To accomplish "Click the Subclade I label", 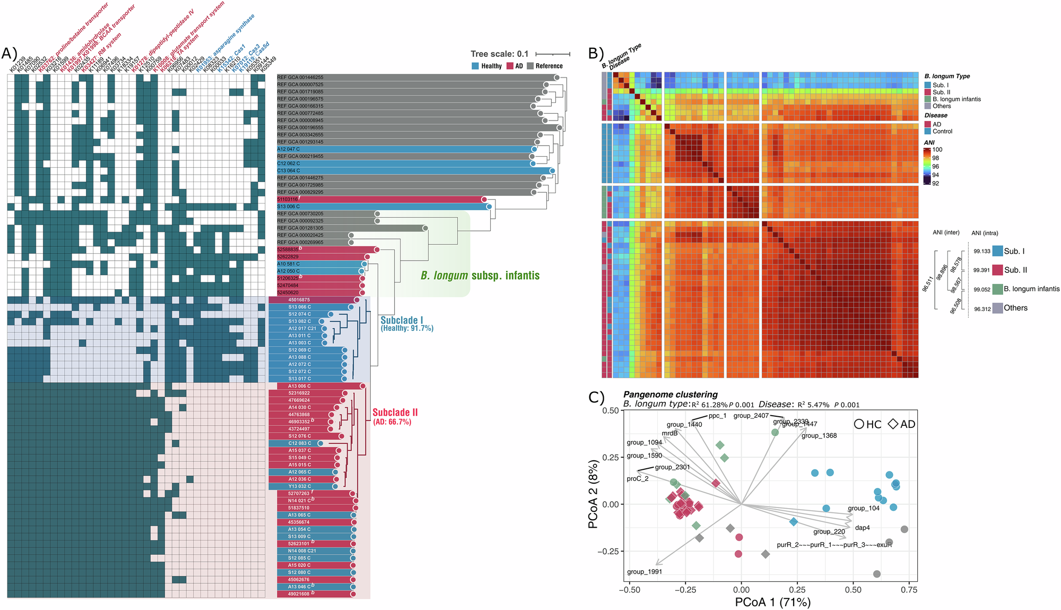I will click(402, 320).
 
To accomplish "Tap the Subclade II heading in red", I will click(395, 413).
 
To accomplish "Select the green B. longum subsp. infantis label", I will click(480, 276).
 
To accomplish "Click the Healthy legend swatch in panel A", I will click(475, 66).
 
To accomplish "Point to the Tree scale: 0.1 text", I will click(499, 54).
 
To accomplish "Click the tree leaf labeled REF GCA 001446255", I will click(300, 78).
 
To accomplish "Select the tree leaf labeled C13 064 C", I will click(289, 171).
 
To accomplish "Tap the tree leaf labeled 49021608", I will click(299, 594).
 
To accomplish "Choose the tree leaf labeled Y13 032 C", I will click(300, 486).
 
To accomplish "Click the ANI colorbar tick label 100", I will click(937, 150).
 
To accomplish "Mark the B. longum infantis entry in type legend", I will click(956, 99).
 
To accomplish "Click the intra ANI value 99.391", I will click(981, 270).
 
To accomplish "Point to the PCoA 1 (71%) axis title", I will click(772, 602).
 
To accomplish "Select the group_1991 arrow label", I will click(644, 572).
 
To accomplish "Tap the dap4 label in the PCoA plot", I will click(862, 528).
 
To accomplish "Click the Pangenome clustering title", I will click(670, 394).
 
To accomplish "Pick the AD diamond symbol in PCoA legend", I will click(893, 424).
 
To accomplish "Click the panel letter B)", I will click(596, 53).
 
